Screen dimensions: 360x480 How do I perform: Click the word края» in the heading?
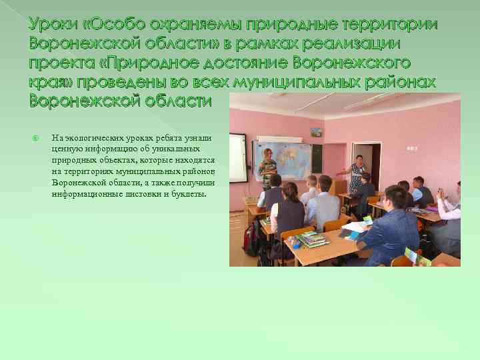point(51,82)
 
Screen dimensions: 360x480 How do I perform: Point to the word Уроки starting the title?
point(52,25)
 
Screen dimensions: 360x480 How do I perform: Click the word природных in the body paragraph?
point(73,161)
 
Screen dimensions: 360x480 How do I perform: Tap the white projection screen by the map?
point(237,157)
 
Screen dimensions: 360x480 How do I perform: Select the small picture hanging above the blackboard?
point(316,132)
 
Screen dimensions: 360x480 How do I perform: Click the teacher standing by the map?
point(267,167)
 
